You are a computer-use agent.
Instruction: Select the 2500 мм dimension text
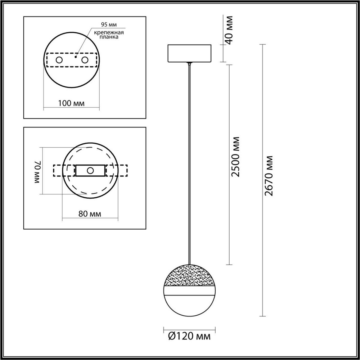click(236, 157)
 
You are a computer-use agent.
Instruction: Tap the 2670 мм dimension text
click(269, 176)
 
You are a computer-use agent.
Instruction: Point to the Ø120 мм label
click(189, 337)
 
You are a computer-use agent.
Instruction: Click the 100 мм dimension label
click(71, 103)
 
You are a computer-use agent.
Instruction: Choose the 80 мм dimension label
click(90, 214)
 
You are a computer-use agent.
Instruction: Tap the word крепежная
click(105, 32)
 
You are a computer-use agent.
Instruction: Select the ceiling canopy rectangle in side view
click(189, 53)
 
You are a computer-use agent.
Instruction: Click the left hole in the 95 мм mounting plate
click(59, 60)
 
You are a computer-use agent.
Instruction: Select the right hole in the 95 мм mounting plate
click(85, 60)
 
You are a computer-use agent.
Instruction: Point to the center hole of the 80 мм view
click(90, 171)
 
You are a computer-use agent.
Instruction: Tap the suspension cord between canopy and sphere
click(189, 162)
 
